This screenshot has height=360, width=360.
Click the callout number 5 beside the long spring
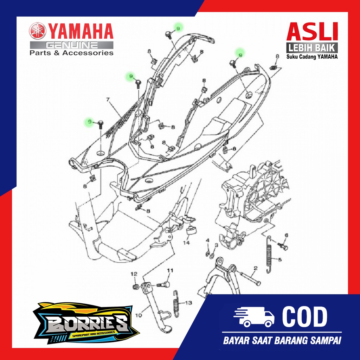tap(280, 261)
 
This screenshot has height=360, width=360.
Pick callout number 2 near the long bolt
tap(256, 268)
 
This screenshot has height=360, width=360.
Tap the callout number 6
tap(286, 235)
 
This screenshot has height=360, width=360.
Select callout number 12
tap(134, 274)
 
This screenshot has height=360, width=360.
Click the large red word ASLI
tap(312, 32)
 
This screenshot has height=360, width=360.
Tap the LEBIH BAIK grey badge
tap(312, 47)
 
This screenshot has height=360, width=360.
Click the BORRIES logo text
tap(86, 322)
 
